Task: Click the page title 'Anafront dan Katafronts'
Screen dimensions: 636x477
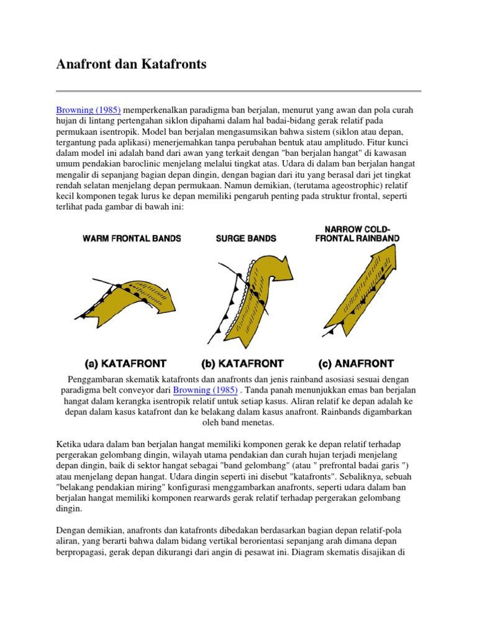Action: pos(131,65)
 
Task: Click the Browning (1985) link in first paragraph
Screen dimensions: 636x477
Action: pos(88,110)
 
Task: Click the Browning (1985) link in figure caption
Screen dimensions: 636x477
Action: pos(205,390)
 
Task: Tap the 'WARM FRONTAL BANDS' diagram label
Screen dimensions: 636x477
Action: pos(132,238)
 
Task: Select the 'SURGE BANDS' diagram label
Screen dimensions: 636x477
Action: pos(246,238)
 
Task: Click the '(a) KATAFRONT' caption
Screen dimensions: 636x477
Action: pos(125,363)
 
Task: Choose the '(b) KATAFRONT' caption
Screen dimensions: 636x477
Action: pos(242,363)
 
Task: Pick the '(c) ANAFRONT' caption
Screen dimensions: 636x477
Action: pos(356,363)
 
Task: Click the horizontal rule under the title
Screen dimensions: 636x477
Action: pos(238,91)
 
